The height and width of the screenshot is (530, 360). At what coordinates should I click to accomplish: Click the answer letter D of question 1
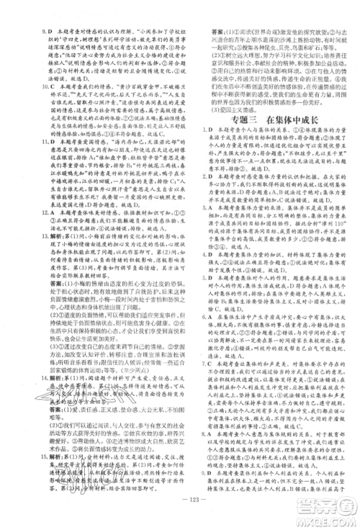coord(197,131)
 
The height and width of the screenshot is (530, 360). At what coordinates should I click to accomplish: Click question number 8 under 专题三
coord(189,434)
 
